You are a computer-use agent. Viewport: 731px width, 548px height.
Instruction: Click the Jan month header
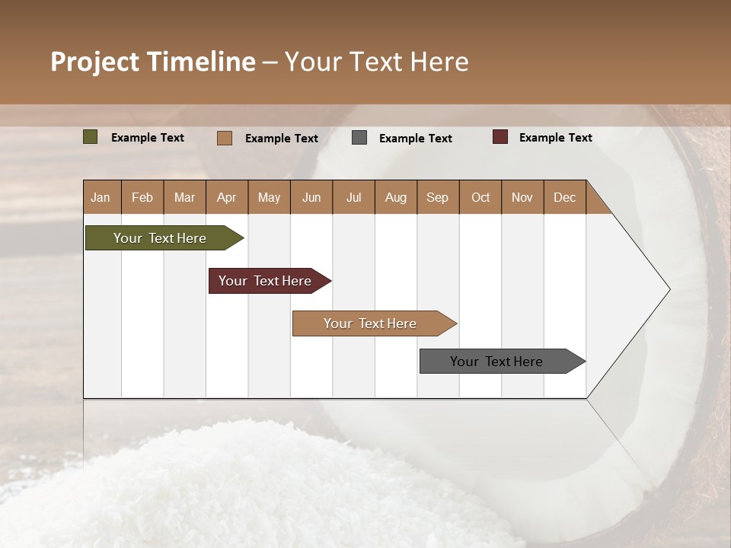coord(101,197)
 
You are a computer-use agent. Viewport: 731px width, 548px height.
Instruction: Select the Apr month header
coord(227,197)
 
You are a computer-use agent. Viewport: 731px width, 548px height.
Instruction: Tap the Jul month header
coord(353,197)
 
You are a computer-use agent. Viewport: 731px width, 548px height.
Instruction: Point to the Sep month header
coord(438,197)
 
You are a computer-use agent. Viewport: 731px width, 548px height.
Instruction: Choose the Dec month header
coord(564,197)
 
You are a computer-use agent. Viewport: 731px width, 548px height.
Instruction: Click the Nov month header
coord(522,197)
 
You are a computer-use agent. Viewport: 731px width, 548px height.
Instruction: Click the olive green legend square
coord(91,137)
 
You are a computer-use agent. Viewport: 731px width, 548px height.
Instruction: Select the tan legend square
coord(225,138)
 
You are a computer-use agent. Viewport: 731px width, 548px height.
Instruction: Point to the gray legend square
coord(359,138)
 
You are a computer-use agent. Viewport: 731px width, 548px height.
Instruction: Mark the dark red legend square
coord(500,137)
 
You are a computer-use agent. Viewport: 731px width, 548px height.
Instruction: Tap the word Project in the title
coord(94,62)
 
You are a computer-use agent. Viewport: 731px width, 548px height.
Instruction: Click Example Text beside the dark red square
coord(555,137)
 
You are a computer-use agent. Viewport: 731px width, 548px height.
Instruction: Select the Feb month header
coord(142,197)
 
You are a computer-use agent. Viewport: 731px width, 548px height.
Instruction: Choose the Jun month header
coord(311,197)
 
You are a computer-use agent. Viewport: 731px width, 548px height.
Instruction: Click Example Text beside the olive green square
coord(147,137)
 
